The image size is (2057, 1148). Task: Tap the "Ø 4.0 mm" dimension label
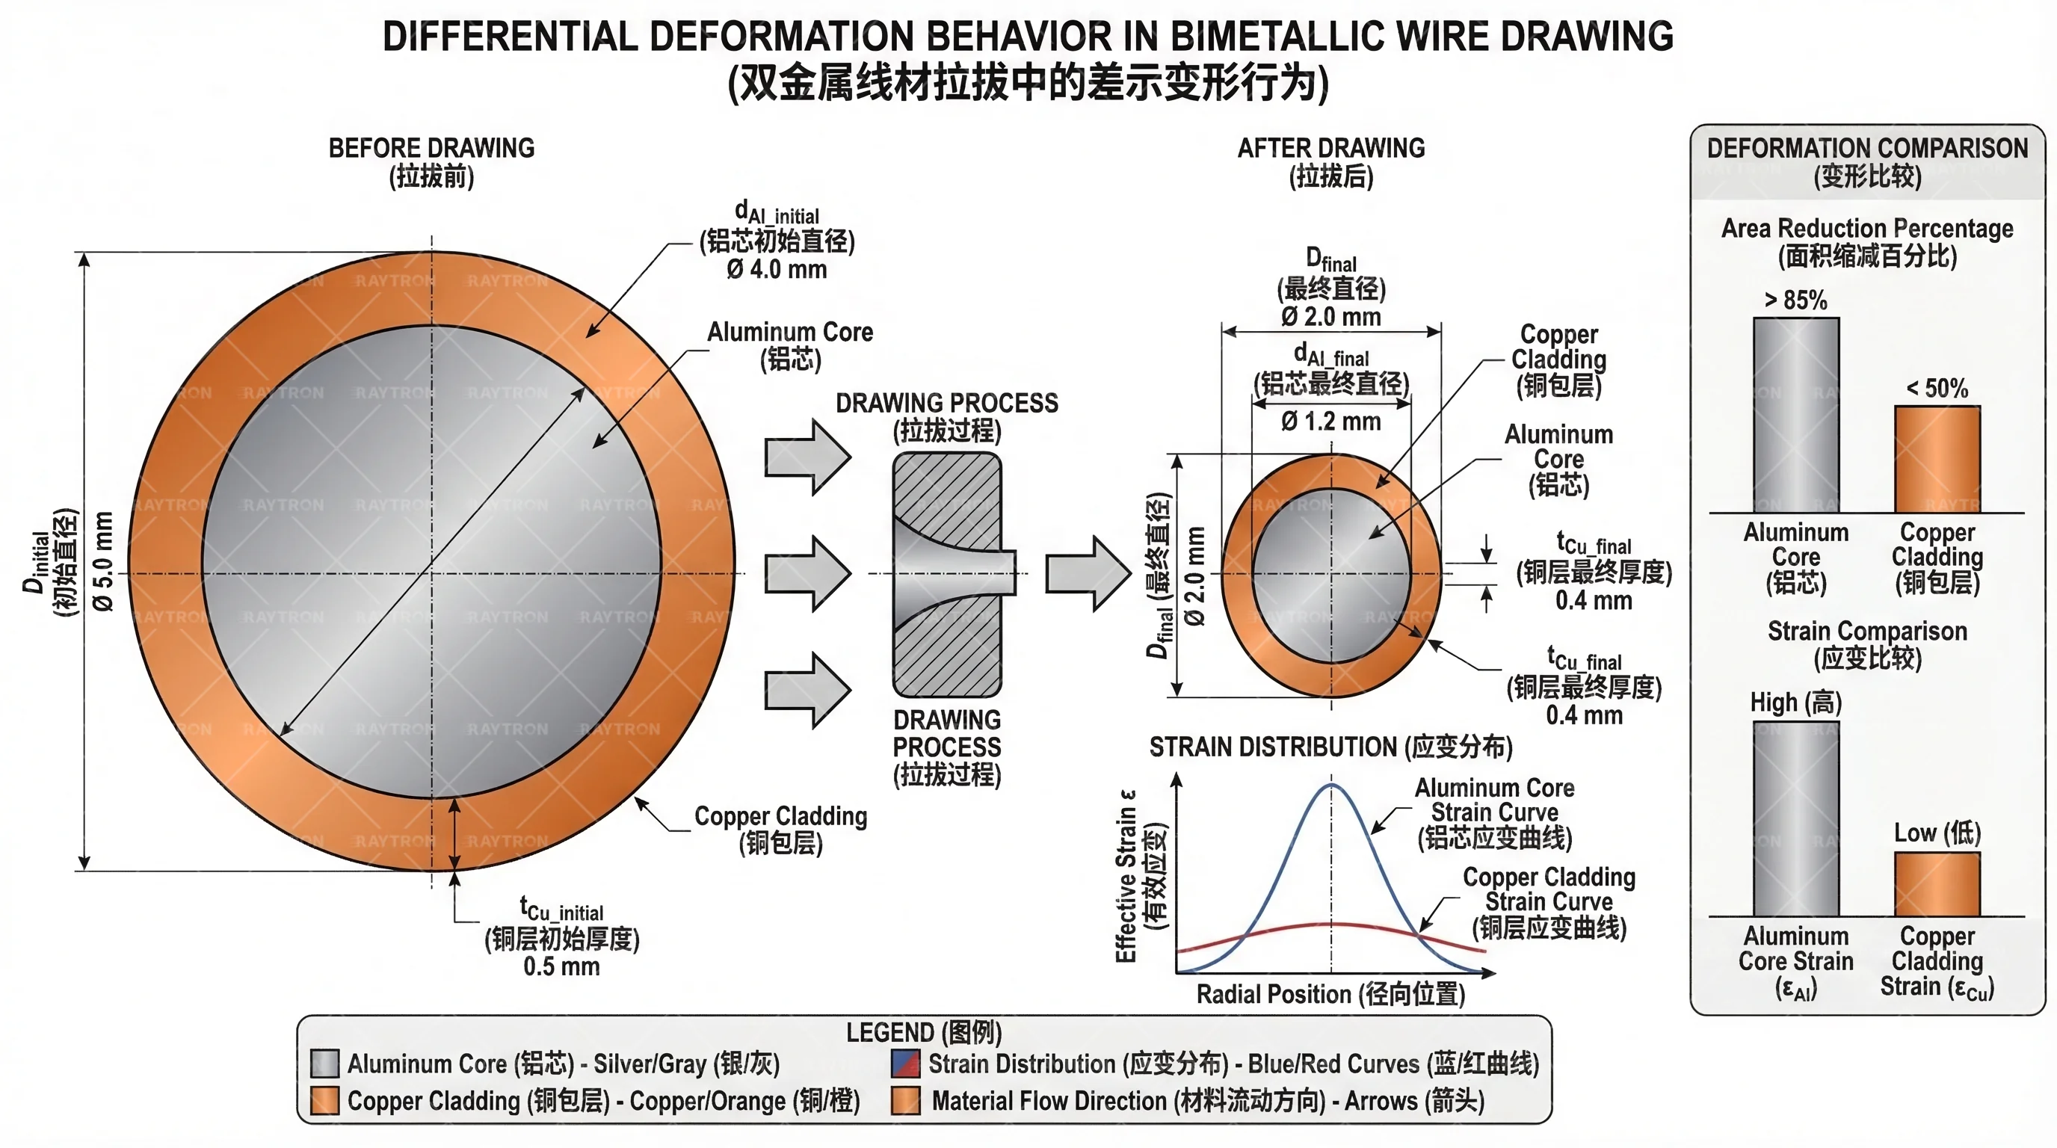[776, 270]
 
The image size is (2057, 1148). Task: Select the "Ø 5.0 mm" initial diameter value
[103, 561]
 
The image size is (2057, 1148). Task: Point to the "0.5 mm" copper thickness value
[561, 967]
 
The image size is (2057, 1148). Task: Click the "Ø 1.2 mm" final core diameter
[1330, 422]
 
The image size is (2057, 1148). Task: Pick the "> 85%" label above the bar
[1795, 300]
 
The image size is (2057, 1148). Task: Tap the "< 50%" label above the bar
[1937, 389]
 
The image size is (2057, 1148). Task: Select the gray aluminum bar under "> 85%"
[1796, 415]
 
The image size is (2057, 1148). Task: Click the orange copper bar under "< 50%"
[1937, 459]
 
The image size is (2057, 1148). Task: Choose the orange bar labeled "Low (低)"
[1937, 883]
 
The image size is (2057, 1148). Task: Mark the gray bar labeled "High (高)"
[1796, 818]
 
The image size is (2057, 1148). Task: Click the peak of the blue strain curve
[1331, 786]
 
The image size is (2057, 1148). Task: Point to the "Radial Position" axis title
[1330, 995]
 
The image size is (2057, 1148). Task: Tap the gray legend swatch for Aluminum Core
[324, 1064]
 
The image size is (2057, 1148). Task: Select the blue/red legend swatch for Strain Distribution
[905, 1064]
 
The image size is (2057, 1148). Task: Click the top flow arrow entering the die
[807, 457]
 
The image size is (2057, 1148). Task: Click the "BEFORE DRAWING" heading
[431, 149]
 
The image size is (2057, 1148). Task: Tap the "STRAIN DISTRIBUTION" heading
[1330, 747]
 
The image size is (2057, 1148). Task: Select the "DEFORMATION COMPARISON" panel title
[1867, 149]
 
